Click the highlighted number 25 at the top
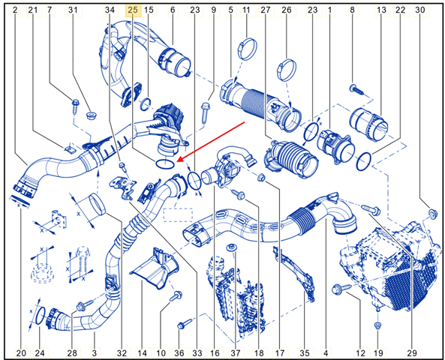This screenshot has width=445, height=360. (x=133, y=10)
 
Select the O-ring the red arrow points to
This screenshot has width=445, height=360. (x=165, y=163)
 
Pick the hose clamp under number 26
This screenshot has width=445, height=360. (x=287, y=70)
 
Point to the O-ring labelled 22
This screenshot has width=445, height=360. (x=363, y=161)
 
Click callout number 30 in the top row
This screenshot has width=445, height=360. (x=420, y=10)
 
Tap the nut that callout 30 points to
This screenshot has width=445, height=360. (x=432, y=213)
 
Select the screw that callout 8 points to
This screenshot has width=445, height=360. (x=357, y=89)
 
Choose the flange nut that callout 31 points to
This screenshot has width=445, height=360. (x=92, y=115)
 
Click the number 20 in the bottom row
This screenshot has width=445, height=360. (x=21, y=353)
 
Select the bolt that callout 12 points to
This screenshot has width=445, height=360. (x=341, y=289)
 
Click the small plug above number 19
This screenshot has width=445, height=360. (x=377, y=325)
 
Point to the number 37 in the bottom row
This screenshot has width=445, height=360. (x=236, y=353)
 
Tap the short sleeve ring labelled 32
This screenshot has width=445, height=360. (x=97, y=204)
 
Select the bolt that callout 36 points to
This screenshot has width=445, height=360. (x=185, y=324)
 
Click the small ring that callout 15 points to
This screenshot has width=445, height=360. (x=146, y=104)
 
